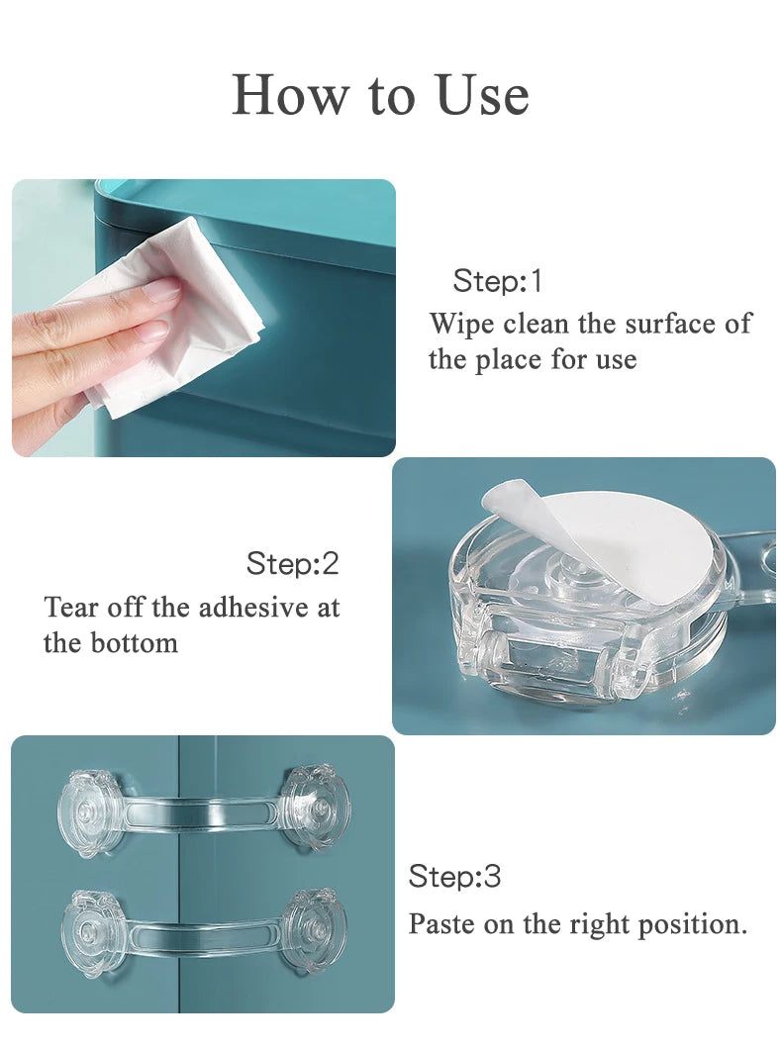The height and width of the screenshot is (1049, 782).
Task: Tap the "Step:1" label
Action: [x=498, y=281]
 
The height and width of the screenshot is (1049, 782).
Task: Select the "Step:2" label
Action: [x=292, y=564]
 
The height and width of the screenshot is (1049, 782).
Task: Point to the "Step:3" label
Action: [x=454, y=876]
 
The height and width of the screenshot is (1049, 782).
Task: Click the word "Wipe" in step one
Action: [x=461, y=324]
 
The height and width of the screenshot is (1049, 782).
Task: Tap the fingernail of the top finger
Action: [x=162, y=290]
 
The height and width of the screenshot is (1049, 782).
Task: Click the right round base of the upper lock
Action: [x=315, y=807]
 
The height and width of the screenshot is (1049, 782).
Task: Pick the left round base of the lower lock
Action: [x=93, y=932]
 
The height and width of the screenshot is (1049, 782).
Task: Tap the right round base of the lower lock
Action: [x=315, y=930]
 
